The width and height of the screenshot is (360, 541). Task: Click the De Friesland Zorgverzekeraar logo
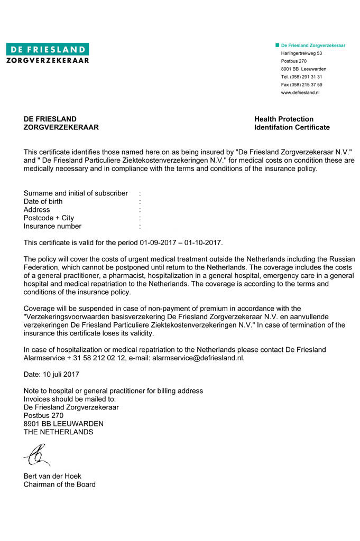(48, 53)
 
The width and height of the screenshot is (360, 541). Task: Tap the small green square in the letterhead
(277, 45)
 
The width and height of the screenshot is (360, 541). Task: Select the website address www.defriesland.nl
(300, 92)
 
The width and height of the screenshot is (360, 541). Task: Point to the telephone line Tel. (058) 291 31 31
(301, 77)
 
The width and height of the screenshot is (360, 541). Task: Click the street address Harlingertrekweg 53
(301, 53)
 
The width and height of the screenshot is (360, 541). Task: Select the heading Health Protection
(283, 119)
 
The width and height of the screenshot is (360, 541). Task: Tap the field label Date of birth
(43, 201)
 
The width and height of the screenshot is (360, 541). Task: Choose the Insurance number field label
(52, 226)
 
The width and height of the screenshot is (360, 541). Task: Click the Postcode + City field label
(49, 218)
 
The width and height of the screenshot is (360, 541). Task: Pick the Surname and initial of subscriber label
(76, 193)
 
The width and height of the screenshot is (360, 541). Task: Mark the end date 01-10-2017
(204, 242)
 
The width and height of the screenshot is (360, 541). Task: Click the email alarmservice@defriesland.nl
(198, 358)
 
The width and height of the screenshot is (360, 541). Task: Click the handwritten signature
(37, 454)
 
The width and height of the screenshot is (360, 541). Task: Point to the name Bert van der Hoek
(52, 476)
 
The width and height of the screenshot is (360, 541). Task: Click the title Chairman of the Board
(59, 484)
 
